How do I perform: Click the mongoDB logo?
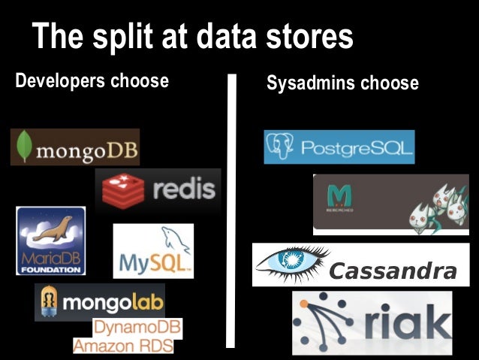[75, 147]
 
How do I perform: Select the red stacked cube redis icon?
[123, 189]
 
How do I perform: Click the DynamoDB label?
[137, 328]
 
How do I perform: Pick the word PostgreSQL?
[357, 148]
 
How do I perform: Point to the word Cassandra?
[393, 271]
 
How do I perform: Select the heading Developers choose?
[92, 80]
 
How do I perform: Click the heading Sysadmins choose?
[342, 83]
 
